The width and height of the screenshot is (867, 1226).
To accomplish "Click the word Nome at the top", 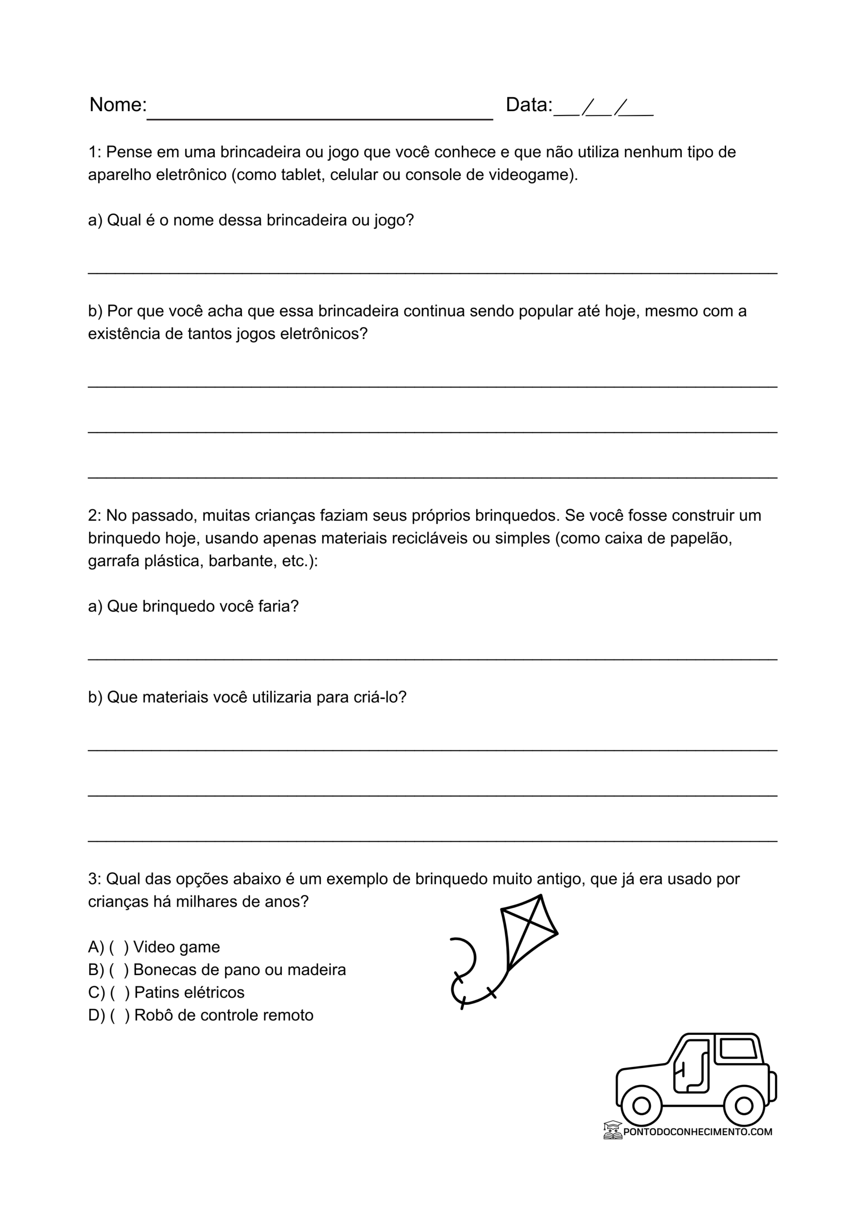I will pyautogui.click(x=117, y=105).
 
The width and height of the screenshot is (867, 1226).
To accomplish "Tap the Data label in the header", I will pyautogui.click(x=528, y=105).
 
